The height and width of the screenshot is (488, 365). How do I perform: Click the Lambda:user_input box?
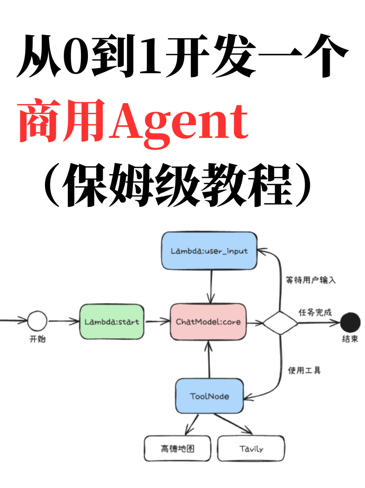click(209, 251)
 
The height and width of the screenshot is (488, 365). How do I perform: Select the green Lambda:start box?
click(112, 322)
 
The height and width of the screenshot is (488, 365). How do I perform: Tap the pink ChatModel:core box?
click(208, 322)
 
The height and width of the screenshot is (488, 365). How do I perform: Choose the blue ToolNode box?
click(210, 396)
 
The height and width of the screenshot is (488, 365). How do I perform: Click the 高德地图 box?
click(177, 449)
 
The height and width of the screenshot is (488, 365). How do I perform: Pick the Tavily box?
click(251, 449)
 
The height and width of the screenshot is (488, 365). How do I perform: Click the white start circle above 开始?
click(37, 321)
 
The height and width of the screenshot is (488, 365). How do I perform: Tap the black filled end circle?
click(350, 322)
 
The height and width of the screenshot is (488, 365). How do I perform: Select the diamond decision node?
click(280, 323)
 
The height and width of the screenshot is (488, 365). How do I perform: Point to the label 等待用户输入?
click(311, 280)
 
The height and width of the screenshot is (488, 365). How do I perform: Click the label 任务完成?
click(315, 312)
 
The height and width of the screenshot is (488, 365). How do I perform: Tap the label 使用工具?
click(304, 370)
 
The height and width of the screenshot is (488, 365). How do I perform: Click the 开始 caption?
click(38, 339)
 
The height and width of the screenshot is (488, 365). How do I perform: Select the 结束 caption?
click(350, 339)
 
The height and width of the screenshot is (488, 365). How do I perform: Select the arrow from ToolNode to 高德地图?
click(192, 425)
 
